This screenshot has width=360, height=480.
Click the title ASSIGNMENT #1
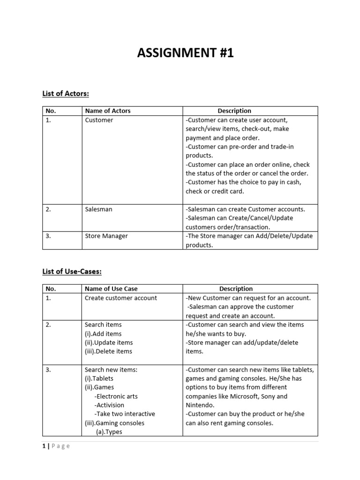click(x=185, y=53)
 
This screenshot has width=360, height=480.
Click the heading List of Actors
click(x=66, y=94)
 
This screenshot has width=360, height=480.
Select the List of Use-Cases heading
click(x=72, y=271)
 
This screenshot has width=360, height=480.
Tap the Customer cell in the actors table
click(x=99, y=120)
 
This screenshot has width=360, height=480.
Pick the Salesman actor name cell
click(x=98, y=209)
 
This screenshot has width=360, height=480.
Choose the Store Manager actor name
click(x=106, y=236)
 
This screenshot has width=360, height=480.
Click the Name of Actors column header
click(x=108, y=111)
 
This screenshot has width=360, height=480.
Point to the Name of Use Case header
click(x=111, y=289)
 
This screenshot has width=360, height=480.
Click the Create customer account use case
click(x=121, y=298)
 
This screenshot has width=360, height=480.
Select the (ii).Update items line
click(x=109, y=343)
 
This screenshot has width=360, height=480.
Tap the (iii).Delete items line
click(x=108, y=351)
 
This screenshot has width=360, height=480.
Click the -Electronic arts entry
click(x=116, y=396)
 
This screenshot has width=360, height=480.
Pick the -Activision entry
click(x=109, y=405)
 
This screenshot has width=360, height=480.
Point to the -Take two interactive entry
click(x=124, y=414)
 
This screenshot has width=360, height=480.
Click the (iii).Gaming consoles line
click(x=114, y=423)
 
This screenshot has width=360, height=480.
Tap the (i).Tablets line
click(x=99, y=378)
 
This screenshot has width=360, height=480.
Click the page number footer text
click(x=56, y=446)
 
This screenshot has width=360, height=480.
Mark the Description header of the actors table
click(x=234, y=111)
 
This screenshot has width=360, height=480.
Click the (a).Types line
click(x=109, y=432)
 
